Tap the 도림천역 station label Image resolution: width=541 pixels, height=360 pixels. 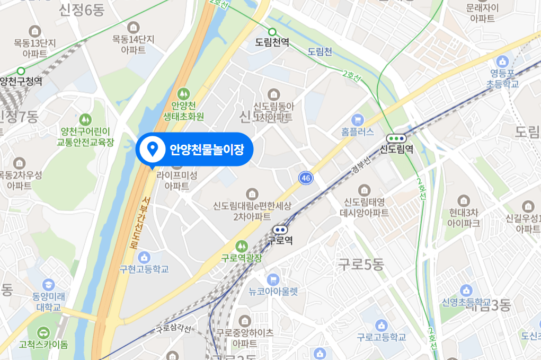pos(272,42)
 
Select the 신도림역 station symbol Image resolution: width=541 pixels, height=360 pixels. pos(397,138)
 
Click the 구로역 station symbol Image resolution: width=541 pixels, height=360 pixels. pos(280,230)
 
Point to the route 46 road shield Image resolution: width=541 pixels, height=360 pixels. pos(305,178)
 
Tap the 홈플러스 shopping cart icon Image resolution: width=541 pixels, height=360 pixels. pos(358,120)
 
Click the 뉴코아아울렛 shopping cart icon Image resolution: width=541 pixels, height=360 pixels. pos(273,279)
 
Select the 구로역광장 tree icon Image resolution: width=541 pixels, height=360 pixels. pos(242,246)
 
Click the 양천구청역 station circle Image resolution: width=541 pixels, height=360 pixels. pos(21,71)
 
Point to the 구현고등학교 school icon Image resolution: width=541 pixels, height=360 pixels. pos(144,257)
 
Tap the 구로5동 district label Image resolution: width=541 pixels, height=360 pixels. pos(361,265)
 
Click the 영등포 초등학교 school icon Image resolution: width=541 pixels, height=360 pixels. pos(502,61)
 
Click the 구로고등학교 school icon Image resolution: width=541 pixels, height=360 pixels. pos(381,325)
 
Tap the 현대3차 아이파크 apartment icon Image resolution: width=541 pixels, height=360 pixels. pos(464,200)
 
